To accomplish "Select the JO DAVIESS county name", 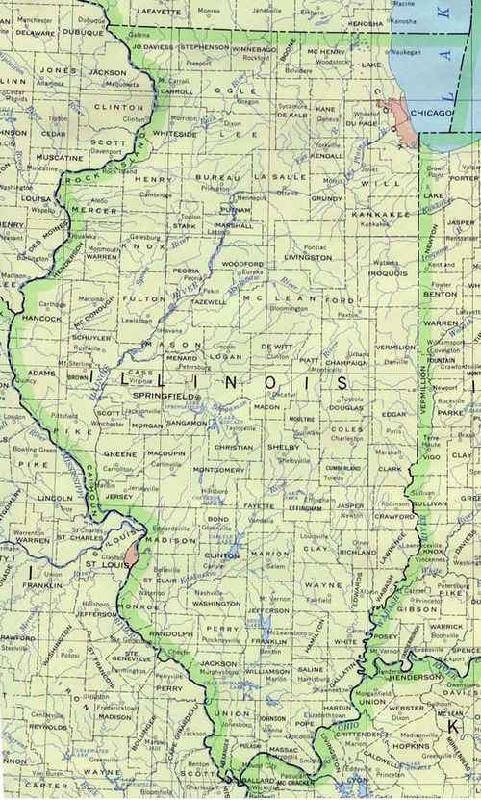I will coord(153,45).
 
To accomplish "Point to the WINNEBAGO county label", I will coord(253,45).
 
